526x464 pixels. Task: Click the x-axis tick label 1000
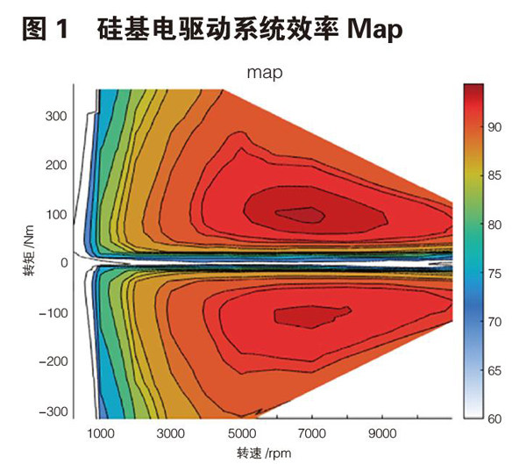pyautogui.click(x=102, y=433)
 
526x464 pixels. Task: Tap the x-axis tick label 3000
pyautogui.click(x=173, y=433)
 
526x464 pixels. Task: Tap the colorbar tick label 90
pyautogui.click(x=494, y=128)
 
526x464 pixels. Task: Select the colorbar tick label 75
pyautogui.click(x=494, y=273)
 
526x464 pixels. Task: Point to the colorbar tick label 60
pyautogui.click(x=494, y=418)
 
